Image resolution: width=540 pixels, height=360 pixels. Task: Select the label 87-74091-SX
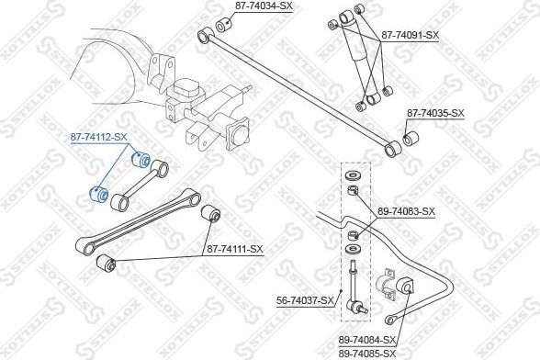coord(410,35)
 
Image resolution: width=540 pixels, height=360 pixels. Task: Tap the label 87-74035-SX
coord(435,113)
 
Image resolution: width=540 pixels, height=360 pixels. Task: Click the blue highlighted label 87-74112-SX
coord(99,138)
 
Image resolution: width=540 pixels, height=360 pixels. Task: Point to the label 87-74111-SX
coord(234,249)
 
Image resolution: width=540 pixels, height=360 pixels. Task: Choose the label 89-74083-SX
coord(406,211)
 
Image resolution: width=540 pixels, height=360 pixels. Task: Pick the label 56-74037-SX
coord(306,300)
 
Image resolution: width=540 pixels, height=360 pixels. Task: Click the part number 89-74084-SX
coord(367,341)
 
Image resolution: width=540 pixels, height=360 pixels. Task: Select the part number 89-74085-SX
coord(367,353)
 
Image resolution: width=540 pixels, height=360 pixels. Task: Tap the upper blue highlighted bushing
coord(141,159)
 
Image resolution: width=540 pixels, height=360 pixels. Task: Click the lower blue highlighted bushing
coord(98,195)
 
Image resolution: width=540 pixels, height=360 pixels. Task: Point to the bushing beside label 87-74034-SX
coord(224,24)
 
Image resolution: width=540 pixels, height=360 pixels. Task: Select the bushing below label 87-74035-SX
coord(411,138)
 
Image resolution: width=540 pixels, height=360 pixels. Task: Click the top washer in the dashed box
coord(352,176)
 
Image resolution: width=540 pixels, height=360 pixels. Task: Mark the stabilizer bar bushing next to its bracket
coord(405,287)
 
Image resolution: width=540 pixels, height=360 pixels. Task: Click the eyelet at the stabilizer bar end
coord(389,320)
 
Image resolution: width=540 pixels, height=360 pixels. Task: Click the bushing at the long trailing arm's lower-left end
coord(107,264)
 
